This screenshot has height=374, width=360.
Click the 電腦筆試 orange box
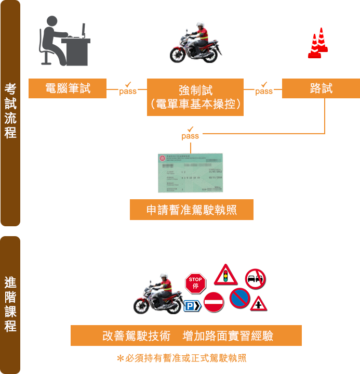68,88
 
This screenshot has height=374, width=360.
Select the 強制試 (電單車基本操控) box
195,97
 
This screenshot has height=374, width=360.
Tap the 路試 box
321,88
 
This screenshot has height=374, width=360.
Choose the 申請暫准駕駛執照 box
192,210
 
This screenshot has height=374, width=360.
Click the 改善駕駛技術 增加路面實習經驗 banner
186,336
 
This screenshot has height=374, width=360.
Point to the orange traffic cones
318,43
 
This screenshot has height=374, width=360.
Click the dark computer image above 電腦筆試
64,41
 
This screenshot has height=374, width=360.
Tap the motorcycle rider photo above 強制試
196,42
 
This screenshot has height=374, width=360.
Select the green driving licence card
190,173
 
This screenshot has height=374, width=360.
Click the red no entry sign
213,302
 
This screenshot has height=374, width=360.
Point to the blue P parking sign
192,306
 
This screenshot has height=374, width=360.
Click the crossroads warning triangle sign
257,302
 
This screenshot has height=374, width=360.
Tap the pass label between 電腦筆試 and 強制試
128,89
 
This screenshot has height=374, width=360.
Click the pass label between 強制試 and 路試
264,89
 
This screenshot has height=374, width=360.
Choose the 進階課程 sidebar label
10,305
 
